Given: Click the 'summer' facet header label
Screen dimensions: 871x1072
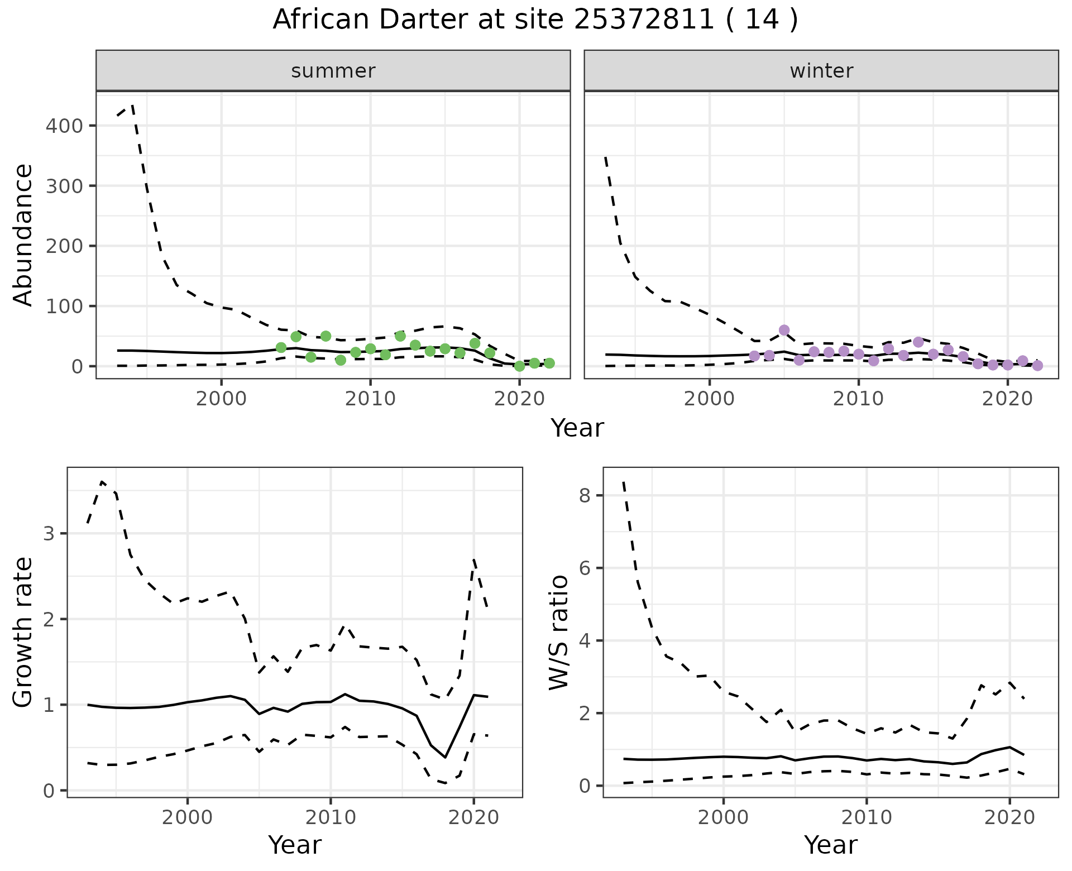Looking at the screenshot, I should click(333, 71).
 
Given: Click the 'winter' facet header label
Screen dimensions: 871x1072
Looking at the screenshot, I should click(821, 71).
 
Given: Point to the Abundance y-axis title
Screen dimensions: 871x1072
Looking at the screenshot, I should click(23, 234).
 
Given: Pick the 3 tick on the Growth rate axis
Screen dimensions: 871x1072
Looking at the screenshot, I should click(50, 534).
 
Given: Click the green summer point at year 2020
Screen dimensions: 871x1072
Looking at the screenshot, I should click(519, 366).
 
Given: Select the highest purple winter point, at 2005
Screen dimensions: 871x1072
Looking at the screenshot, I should click(784, 330).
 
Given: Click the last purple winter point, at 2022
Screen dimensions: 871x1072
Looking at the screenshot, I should click(1037, 366).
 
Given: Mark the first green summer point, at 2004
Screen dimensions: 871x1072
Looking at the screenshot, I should click(281, 348).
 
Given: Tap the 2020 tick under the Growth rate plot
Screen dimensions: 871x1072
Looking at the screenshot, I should click(473, 817).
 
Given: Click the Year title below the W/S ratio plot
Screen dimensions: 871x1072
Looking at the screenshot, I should click(830, 845).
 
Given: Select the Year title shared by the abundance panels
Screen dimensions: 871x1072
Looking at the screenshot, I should click(577, 428).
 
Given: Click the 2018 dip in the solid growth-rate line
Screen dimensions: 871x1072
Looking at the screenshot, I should click(445, 757).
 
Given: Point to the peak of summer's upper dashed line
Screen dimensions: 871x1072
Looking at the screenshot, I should click(132, 104).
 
